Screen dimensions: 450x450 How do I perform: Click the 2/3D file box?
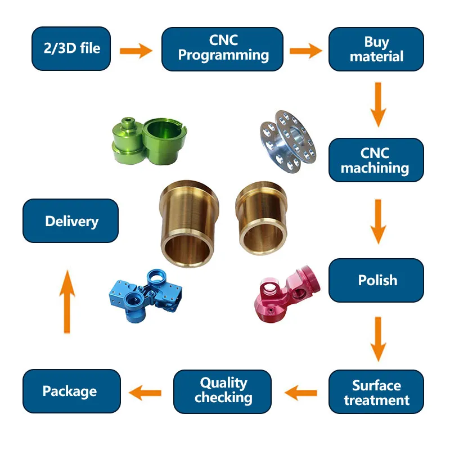70,49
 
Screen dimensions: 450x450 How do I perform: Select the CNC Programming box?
223,49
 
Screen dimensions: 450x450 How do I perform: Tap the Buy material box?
376,49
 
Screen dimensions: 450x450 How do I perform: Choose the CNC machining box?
376,160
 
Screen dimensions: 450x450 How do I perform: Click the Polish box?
376,280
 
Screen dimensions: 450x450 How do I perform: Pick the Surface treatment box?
376,392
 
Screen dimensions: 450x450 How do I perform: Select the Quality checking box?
223,391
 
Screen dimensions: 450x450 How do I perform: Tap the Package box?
70,391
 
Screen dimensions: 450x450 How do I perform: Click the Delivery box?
70,221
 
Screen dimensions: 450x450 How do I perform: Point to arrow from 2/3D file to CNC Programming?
137,51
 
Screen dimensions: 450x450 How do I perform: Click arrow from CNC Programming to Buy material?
305,50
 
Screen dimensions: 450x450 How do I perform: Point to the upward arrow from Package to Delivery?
67,301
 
